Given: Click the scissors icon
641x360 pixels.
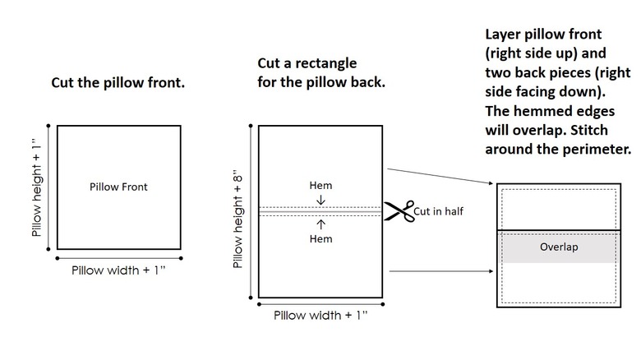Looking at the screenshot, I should (x=399, y=211).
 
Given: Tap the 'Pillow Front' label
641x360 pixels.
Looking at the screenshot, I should (x=118, y=187).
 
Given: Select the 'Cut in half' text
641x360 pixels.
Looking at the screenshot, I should (x=439, y=211).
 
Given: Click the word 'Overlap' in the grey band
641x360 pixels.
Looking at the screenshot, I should (x=559, y=247).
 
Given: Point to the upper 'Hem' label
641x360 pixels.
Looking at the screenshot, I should (x=320, y=186).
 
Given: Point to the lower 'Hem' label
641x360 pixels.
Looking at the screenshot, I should (x=320, y=238).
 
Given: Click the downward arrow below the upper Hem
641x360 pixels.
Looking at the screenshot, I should (x=320, y=200).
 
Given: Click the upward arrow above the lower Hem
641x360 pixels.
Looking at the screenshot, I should (x=320, y=224).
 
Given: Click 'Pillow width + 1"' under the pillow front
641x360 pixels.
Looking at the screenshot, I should (x=118, y=270).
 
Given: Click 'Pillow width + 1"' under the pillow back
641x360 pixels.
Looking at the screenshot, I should (x=320, y=315).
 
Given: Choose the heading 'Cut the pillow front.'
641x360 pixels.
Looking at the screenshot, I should (x=118, y=83).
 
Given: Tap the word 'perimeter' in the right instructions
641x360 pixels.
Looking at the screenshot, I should (x=595, y=150).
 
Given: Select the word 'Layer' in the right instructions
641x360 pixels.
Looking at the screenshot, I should (x=503, y=35).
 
